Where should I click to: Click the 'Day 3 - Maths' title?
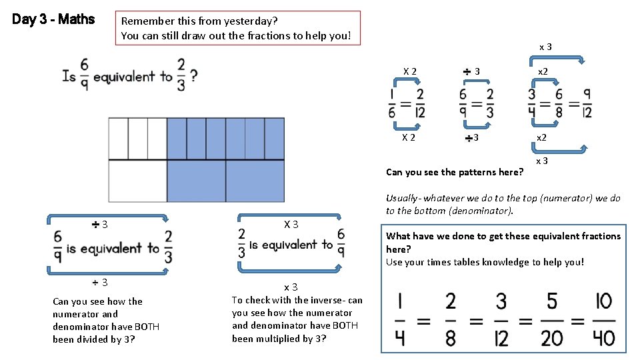pos(53,19)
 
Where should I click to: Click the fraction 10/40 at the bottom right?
pos(603,319)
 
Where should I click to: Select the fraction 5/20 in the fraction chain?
pos(552,319)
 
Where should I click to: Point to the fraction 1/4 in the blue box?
pos(399,319)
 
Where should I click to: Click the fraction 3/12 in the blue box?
pos(501,319)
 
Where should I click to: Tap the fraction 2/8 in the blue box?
pos(451,319)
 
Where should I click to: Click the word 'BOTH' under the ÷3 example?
pos(146,327)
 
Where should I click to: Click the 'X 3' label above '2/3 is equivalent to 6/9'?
pos(291,224)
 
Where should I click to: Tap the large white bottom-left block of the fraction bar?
pos(137,181)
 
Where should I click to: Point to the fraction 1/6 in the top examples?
pos(391,103)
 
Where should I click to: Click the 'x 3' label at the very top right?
pos(545,47)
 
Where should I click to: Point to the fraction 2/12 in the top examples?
pos(419,103)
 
